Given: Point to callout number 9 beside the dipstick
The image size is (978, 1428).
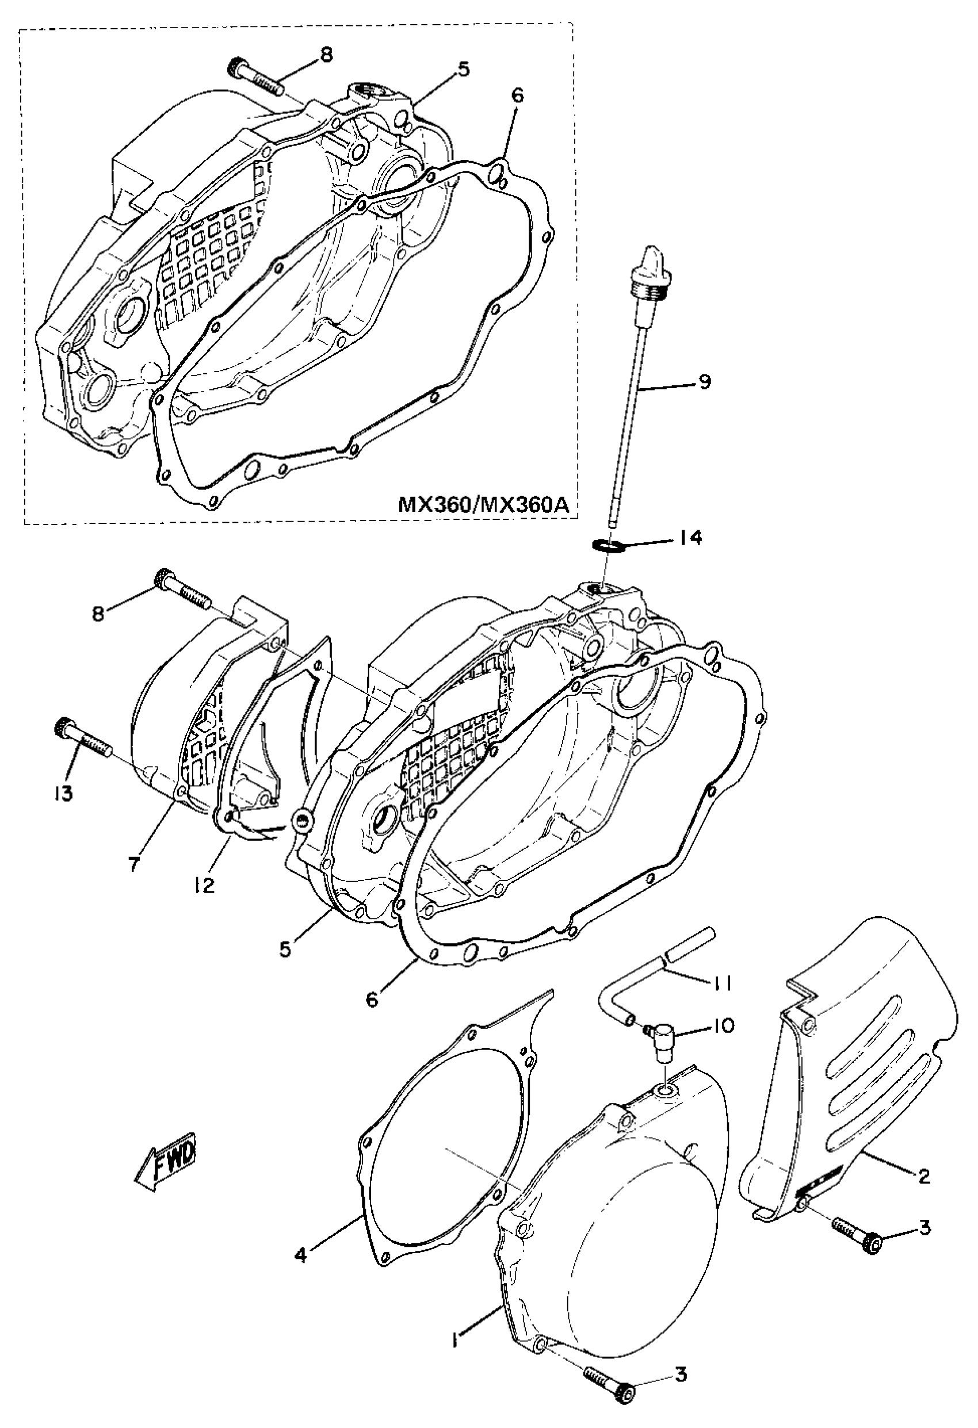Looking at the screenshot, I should pos(705,381).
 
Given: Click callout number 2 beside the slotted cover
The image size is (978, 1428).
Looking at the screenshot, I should pos(923,1176).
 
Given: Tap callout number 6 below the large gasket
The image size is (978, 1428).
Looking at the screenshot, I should pos(371,998).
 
